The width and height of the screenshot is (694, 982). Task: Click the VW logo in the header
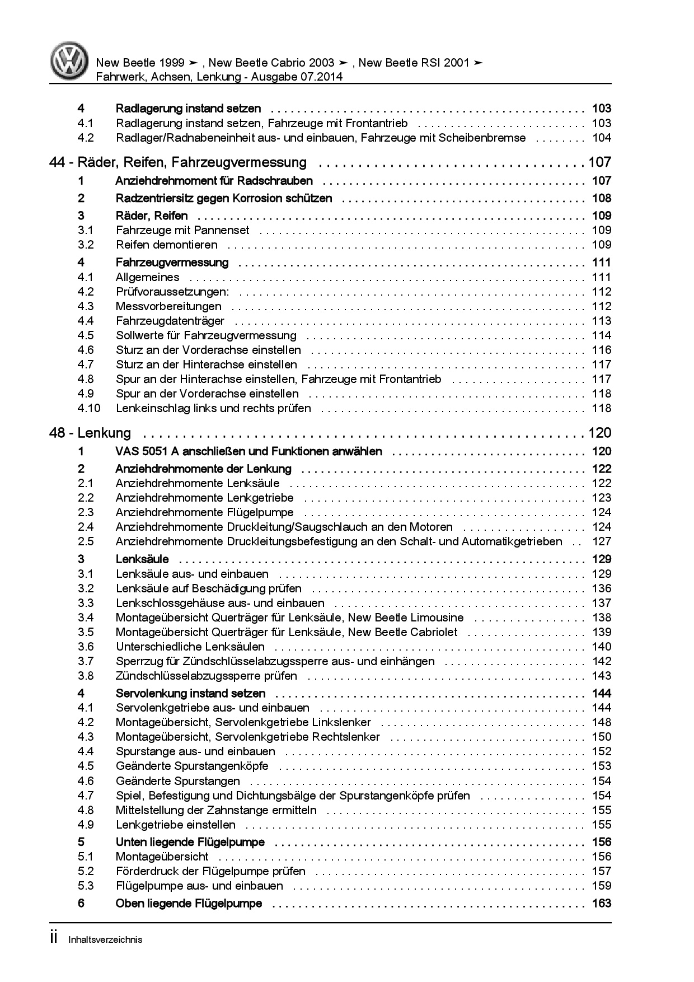coord(69,62)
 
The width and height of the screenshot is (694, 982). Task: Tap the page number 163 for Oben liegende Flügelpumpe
coord(602,903)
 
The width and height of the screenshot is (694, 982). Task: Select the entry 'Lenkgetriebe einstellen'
coord(175,825)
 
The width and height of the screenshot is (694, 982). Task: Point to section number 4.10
coord(89,408)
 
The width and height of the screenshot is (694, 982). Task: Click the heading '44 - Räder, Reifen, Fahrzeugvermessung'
coord(178,162)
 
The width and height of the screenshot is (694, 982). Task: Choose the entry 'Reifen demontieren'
coord(166,245)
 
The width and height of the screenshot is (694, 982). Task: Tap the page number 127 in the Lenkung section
coord(602,541)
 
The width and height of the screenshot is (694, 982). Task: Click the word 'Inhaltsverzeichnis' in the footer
coord(105,939)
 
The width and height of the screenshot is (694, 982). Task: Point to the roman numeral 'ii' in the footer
coord(54,938)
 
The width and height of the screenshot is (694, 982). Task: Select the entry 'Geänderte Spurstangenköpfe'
coord(192,766)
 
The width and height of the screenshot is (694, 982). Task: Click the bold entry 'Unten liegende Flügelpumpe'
coord(190,842)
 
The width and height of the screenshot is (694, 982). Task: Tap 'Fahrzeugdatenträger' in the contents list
coord(170,321)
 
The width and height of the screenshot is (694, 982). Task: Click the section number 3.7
coord(86,661)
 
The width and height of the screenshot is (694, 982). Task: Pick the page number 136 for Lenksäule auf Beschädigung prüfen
coord(602,588)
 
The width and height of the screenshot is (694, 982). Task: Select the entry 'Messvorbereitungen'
coord(168,306)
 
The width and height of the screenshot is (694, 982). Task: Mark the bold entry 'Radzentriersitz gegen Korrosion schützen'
coord(223,198)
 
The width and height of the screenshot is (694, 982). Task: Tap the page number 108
coord(602,198)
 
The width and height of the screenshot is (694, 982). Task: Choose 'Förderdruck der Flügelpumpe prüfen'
coord(210,871)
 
